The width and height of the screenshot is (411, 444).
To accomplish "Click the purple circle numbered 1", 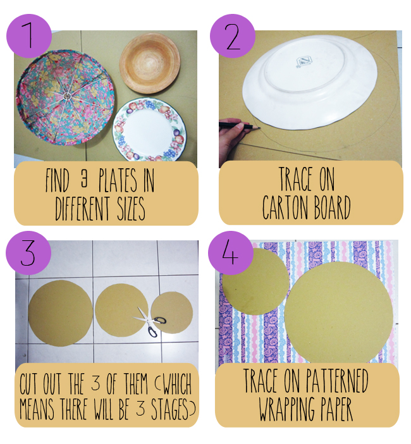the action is click(x=29, y=36).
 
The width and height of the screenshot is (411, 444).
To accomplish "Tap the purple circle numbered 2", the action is click(x=233, y=36).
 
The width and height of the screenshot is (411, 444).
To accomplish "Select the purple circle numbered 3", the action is click(x=28, y=252).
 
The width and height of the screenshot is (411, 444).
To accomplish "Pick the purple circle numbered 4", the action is click(x=231, y=252).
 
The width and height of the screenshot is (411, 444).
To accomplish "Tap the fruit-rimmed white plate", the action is click(x=149, y=130).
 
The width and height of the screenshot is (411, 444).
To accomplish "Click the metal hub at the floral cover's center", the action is click(x=67, y=97).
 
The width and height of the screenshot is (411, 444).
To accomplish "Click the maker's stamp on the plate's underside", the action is click(x=304, y=62).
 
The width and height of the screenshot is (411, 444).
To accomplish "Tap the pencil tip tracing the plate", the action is click(x=260, y=128).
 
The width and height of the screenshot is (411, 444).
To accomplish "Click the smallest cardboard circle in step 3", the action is click(x=172, y=313).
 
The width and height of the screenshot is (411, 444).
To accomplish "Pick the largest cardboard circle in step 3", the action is click(x=60, y=313).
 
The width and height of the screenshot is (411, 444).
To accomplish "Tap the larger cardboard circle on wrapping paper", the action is click(x=339, y=312).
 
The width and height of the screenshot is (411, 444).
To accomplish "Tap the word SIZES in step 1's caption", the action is click(x=131, y=209).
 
